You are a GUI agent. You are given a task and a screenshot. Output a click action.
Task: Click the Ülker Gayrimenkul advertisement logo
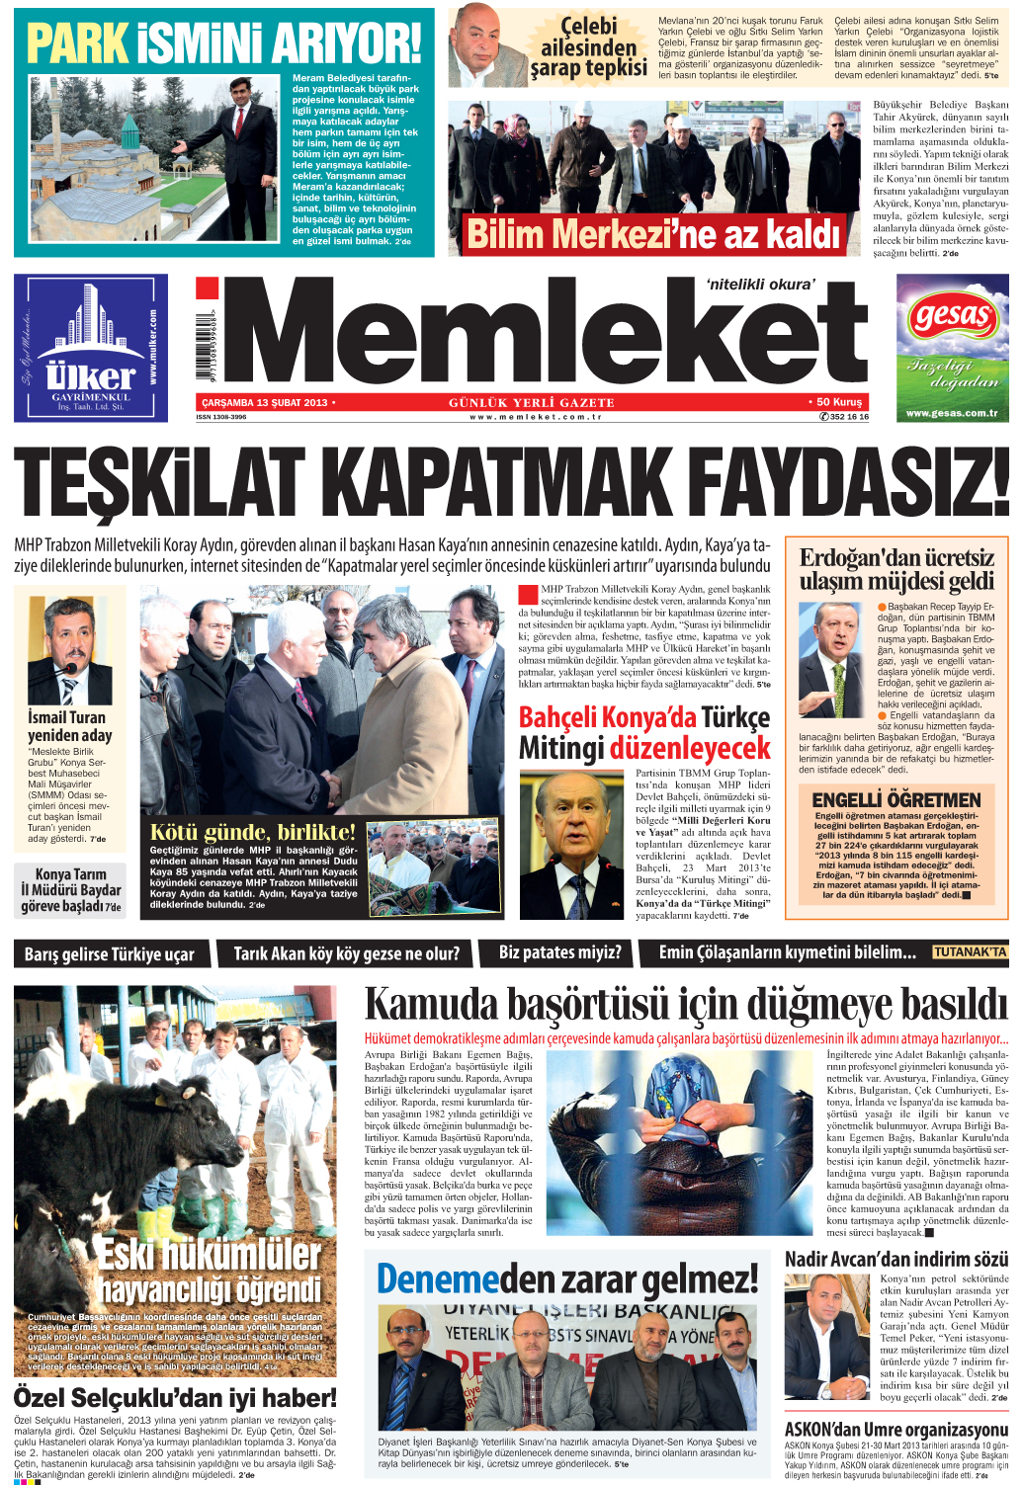pyautogui.click(x=91, y=375)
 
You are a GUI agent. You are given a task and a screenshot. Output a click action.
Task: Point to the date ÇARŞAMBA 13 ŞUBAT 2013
pyautogui.click(x=264, y=402)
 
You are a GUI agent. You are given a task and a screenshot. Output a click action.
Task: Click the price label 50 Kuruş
pyautogui.click(x=839, y=402)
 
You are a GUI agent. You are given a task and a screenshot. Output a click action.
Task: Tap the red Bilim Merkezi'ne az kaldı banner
pyautogui.click(x=653, y=235)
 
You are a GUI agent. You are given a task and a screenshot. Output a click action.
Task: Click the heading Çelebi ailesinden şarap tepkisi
pyautogui.click(x=589, y=46)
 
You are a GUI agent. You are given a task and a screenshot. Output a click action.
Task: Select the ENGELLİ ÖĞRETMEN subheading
pyautogui.click(x=895, y=799)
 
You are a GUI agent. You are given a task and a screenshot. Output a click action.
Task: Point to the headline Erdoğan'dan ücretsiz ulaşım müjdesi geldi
pyautogui.click(x=896, y=569)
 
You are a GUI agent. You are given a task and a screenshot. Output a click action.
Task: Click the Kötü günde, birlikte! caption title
pyautogui.click(x=252, y=831)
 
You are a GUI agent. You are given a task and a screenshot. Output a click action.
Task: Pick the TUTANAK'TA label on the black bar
pyautogui.click(x=970, y=952)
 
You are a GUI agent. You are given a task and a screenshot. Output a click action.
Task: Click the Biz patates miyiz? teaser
pyautogui.click(x=559, y=952)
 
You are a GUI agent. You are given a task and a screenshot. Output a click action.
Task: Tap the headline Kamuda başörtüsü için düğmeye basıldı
pyautogui.click(x=686, y=1005)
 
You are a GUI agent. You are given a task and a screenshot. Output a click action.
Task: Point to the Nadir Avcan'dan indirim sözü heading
pyautogui.click(x=895, y=1259)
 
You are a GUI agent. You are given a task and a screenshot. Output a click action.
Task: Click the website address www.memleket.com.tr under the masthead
pyautogui.click(x=535, y=417)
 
